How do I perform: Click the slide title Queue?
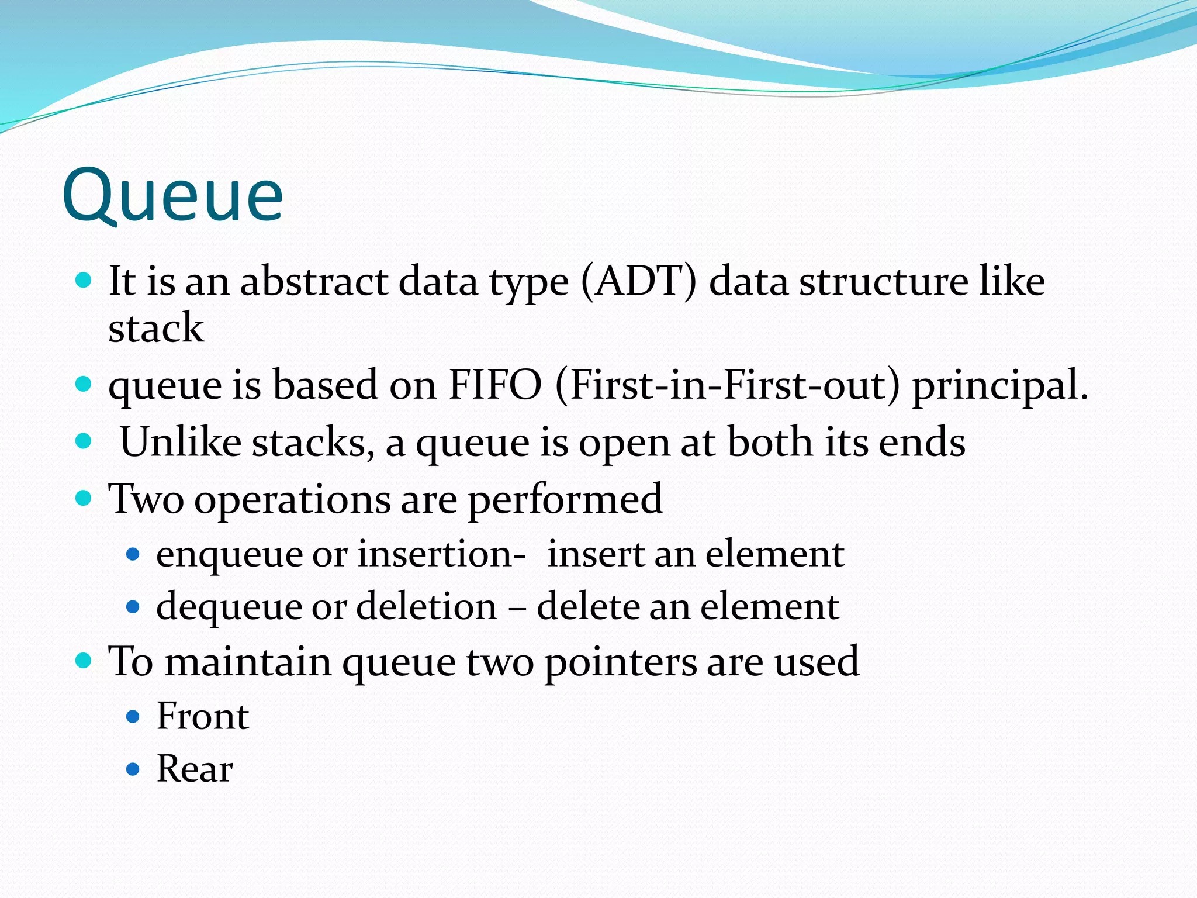172,196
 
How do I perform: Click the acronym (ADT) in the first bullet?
639,282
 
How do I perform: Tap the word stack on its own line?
156,328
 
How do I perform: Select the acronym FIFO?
495,385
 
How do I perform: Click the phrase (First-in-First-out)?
728,385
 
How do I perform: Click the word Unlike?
180,442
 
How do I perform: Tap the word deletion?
426,606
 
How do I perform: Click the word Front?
203,716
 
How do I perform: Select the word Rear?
195,769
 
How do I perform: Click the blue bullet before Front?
133,717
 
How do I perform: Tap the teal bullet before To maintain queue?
84,661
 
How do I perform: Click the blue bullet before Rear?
133,769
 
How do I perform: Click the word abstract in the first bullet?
314,282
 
